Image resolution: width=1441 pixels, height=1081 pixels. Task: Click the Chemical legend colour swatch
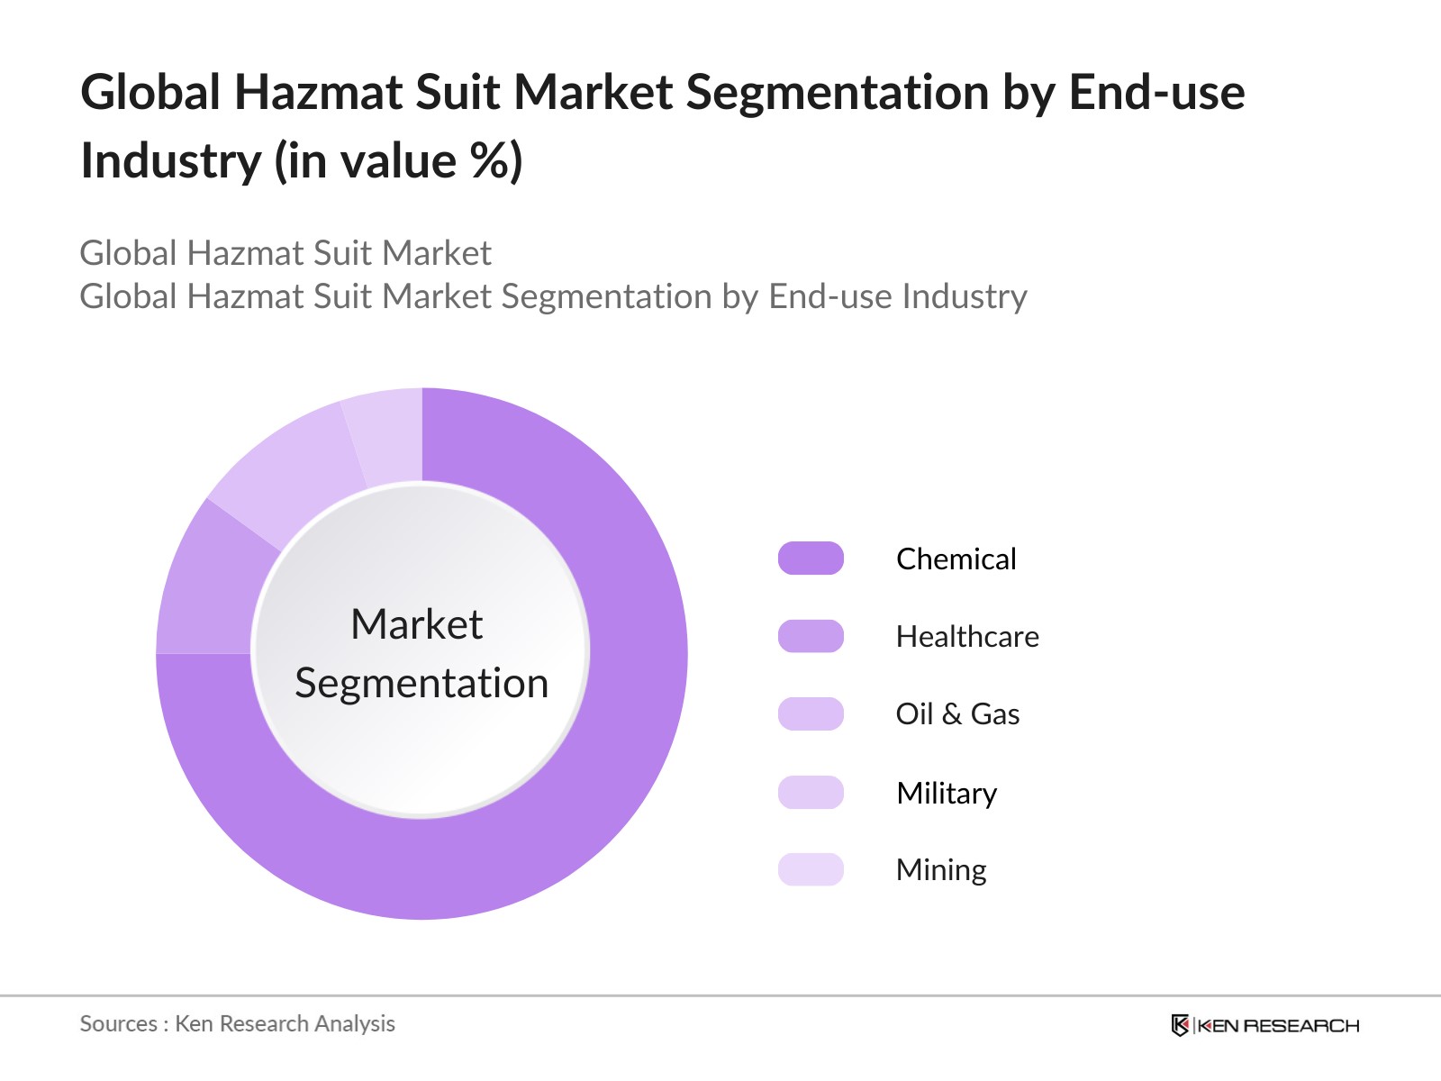tap(811, 559)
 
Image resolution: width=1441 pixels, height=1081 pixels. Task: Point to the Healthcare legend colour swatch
tap(811, 636)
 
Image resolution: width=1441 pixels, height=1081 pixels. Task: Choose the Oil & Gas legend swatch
tap(811, 713)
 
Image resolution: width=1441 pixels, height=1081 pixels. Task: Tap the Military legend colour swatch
tap(811, 792)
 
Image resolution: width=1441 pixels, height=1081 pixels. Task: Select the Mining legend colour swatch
tap(811, 869)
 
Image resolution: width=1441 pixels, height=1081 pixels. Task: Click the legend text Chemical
tap(956, 559)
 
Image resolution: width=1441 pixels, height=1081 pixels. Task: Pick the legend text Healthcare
tap(967, 636)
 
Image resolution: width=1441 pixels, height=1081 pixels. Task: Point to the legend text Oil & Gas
tap(957, 713)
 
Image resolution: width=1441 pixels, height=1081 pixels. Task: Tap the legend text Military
tap(947, 793)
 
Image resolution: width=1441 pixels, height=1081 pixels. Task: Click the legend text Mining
tap(941, 870)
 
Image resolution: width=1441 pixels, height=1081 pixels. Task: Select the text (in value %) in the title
tap(398, 161)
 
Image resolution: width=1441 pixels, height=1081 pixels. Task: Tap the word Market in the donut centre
tap(416, 623)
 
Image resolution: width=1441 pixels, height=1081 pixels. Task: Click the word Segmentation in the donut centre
tap(421, 683)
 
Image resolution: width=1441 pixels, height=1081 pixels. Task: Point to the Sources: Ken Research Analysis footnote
tap(237, 1023)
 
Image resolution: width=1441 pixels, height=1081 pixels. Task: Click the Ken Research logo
tap(1264, 1025)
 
